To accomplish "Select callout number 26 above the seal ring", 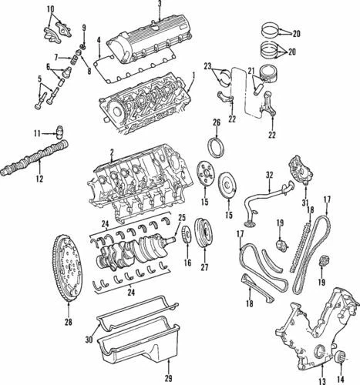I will point(216,122).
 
